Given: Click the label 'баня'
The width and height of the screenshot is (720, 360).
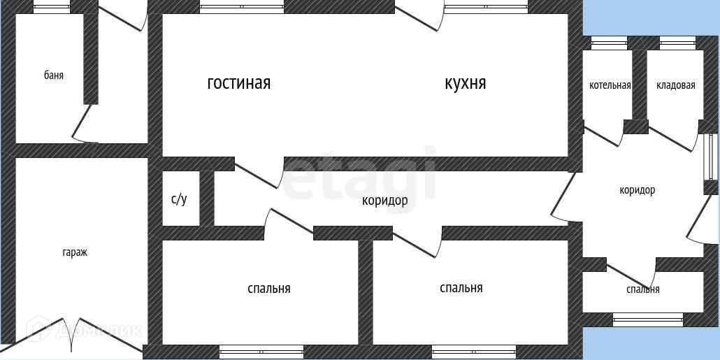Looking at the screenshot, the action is (x=54, y=75).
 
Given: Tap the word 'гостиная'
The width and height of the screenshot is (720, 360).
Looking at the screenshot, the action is (x=239, y=83).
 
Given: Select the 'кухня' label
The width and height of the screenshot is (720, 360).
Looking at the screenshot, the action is (x=466, y=83).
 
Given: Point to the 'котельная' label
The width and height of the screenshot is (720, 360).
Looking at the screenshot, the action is (x=610, y=85).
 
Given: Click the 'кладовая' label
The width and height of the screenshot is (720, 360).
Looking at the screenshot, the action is (x=676, y=85).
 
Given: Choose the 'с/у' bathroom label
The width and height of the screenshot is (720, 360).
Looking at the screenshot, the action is (x=180, y=199).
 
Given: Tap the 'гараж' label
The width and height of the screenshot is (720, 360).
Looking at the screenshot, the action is (x=74, y=252).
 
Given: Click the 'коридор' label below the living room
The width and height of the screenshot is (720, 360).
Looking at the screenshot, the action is (x=384, y=201).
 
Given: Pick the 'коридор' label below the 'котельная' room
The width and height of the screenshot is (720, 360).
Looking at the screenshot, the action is (x=638, y=190).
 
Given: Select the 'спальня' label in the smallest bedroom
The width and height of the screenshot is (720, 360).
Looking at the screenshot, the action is (x=643, y=289).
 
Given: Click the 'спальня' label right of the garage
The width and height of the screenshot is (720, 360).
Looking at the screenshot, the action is (x=269, y=288).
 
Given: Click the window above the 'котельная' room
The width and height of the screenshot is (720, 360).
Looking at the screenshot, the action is (x=609, y=43).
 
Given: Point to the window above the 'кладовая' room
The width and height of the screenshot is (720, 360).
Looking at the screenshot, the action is (x=677, y=43).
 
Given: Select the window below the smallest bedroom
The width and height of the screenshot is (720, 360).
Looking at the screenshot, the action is (x=648, y=319).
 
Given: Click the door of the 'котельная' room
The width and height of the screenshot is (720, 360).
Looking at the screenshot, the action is (x=603, y=134).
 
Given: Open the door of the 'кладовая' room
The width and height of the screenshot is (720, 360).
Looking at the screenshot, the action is (x=673, y=137).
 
